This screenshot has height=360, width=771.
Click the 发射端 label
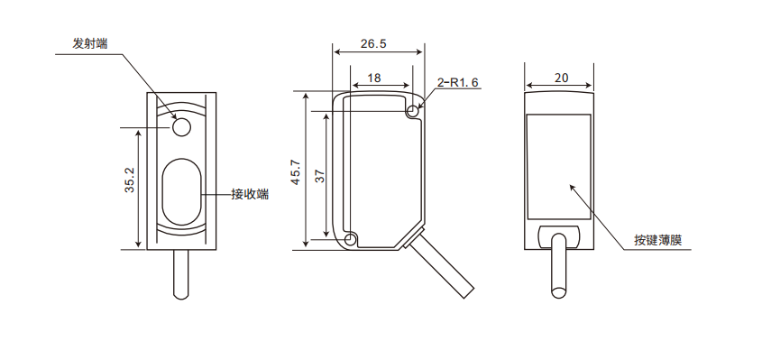90,44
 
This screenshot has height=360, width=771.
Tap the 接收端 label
251,194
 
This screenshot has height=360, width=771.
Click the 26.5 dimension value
373,43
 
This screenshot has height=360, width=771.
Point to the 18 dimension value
374,78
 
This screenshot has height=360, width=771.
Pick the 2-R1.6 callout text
458,82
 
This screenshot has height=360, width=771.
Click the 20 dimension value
561,78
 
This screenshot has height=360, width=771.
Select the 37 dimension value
319,176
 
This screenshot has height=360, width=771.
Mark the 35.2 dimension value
129,179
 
